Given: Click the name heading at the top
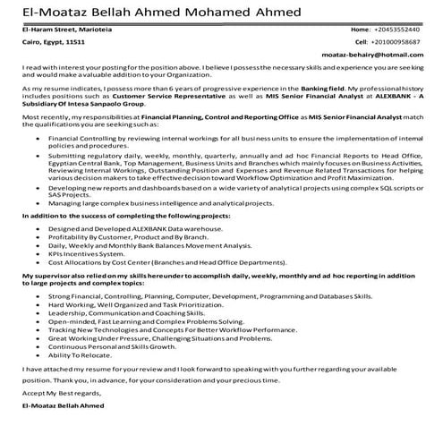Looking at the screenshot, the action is point(163,12).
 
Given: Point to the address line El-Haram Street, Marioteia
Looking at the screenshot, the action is point(65,30).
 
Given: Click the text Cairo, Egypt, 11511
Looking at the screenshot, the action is point(53,42).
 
